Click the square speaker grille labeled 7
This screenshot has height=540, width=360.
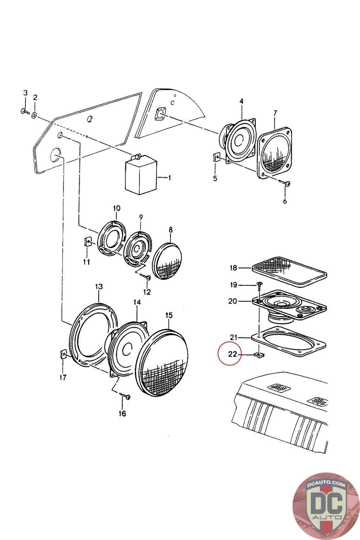point(274,152)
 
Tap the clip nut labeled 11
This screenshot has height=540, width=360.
point(87,242)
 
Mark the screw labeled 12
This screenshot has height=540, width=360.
point(148,277)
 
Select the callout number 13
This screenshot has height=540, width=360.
point(99,287)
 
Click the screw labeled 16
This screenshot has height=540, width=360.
point(127,397)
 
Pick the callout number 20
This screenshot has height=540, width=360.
point(232,301)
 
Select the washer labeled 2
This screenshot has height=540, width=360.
point(34,116)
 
